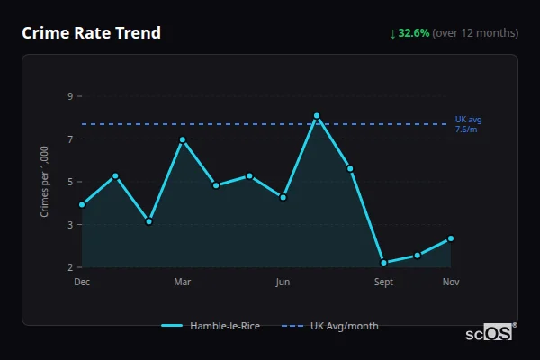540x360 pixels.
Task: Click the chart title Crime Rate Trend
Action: (92, 33)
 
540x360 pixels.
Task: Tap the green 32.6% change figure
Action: (413, 33)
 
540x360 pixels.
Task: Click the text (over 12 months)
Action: (475, 33)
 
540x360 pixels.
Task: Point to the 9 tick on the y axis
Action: (70, 96)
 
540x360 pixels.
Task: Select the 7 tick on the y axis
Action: (70, 139)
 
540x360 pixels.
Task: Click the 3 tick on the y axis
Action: (70, 225)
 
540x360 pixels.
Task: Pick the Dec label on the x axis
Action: (82, 283)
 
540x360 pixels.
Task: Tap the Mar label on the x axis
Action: (183, 283)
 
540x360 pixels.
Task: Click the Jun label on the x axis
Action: (283, 283)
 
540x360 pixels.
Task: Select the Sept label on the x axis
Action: (383, 283)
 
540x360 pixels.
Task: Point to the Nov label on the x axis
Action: (451, 283)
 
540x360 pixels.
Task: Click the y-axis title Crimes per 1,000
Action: (45, 182)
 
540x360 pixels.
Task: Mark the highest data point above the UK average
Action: (317, 116)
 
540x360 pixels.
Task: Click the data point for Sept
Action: (383, 263)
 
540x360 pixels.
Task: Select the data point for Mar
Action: (183, 139)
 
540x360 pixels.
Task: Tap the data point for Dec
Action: (82, 204)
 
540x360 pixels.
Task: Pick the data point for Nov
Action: (451, 238)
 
